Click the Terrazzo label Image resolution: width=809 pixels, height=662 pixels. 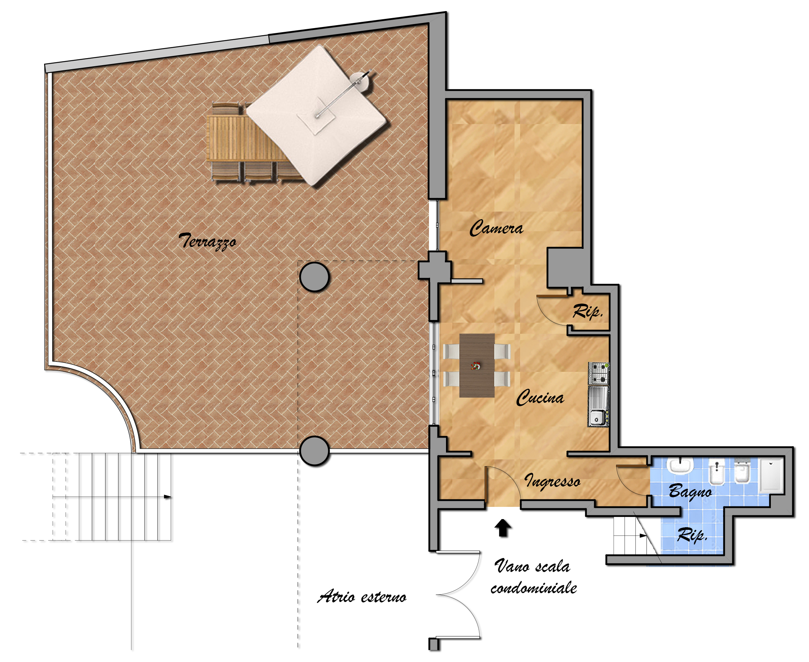pyautogui.click(x=207, y=241)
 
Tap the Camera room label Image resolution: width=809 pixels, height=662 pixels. pyautogui.click(x=496, y=228)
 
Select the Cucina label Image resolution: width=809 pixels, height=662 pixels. pyautogui.click(x=540, y=397)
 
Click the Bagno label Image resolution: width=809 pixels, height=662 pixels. pyautogui.click(x=690, y=491)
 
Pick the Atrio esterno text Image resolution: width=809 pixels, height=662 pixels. pyautogui.click(x=362, y=596)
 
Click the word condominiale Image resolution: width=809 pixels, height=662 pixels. pyautogui.click(x=534, y=588)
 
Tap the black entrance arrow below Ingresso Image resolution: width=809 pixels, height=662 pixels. pyautogui.click(x=503, y=528)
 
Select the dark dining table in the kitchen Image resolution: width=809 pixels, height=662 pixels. pyautogui.click(x=477, y=366)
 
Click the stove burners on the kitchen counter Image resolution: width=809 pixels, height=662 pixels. pyautogui.click(x=599, y=373)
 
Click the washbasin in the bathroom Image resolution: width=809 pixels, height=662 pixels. pyautogui.click(x=680, y=467)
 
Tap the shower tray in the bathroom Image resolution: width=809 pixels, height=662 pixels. pyautogui.click(x=771, y=475)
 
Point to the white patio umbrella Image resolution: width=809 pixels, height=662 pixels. pyautogui.click(x=316, y=116)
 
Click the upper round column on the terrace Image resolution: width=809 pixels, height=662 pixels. pyautogui.click(x=314, y=277)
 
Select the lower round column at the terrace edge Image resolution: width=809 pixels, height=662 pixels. pyautogui.click(x=314, y=451)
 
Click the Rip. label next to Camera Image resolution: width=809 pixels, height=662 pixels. pyautogui.click(x=588, y=311)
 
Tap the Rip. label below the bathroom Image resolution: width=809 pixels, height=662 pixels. pyautogui.click(x=692, y=535)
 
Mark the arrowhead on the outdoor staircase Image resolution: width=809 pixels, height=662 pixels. pyautogui.click(x=167, y=497)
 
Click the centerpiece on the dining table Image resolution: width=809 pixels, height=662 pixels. pyautogui.click(x=475, y=366)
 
